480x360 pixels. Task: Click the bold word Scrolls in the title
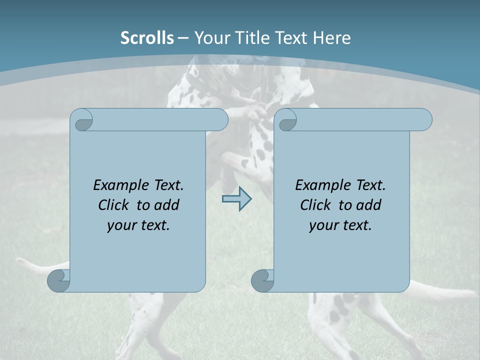point(147,38)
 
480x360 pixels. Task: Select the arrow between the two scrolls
point(236,199)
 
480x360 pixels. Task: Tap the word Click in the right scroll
point(316,205)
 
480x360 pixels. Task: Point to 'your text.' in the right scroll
point(340,225)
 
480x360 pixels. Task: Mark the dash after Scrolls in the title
point(183,38)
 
